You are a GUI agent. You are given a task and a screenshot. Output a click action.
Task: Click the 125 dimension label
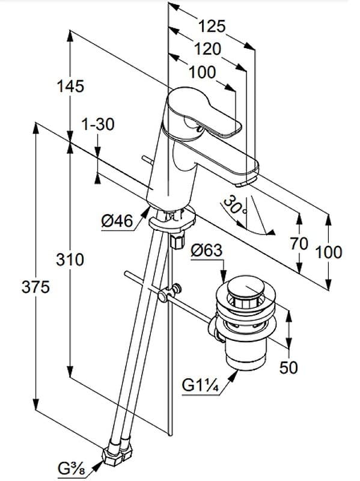212,26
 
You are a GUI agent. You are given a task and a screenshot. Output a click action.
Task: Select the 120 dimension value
207,49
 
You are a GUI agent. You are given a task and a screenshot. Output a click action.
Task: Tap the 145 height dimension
70,86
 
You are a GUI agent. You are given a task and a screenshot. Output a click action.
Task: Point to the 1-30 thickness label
98,124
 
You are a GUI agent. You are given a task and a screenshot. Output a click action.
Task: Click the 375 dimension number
35,287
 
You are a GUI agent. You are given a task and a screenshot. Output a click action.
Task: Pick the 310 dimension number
70,260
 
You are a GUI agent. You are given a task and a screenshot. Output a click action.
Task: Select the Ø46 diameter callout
117,221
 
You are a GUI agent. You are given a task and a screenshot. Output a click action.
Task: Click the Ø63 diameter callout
206,250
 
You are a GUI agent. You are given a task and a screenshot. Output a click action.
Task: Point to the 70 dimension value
299,244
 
